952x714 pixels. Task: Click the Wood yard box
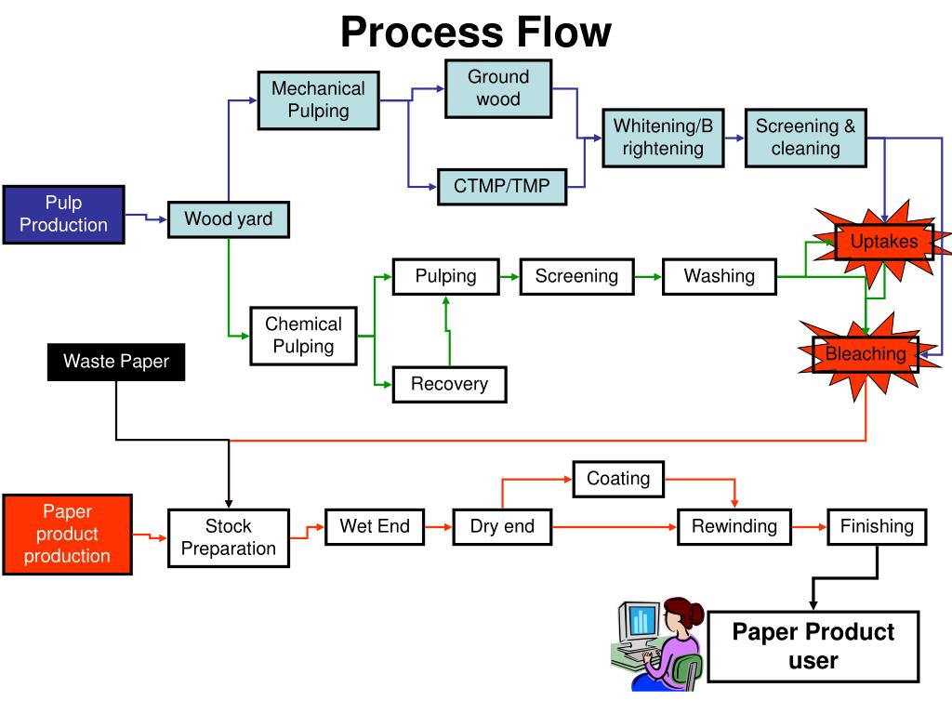tap(229, 219)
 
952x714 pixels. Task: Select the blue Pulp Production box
tap(64, 215)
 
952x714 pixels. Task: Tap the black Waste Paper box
tap(116, 362)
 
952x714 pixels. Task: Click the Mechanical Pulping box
tap(319, 100)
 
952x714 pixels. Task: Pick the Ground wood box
tap(498, 88)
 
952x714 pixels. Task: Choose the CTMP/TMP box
tap(502, 186)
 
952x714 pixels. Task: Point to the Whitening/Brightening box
tap(663, 138)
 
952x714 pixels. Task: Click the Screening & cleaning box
tap(806, 138)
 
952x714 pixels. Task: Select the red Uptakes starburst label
tap(884, 242)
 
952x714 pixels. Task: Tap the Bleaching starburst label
tap(866, 354)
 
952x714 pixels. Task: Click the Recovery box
tap(449, 384)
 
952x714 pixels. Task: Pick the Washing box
tap(720, 277)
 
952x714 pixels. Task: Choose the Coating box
tap(618, 479)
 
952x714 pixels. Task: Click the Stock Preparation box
tap(229, 538)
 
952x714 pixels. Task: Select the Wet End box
tap(375, 526)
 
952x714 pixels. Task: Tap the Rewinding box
tap(734, 526)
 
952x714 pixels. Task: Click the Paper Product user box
tap(813, 647)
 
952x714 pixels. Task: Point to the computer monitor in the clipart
tap(639, 622)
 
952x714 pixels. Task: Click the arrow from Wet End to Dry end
tap(439, 527)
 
